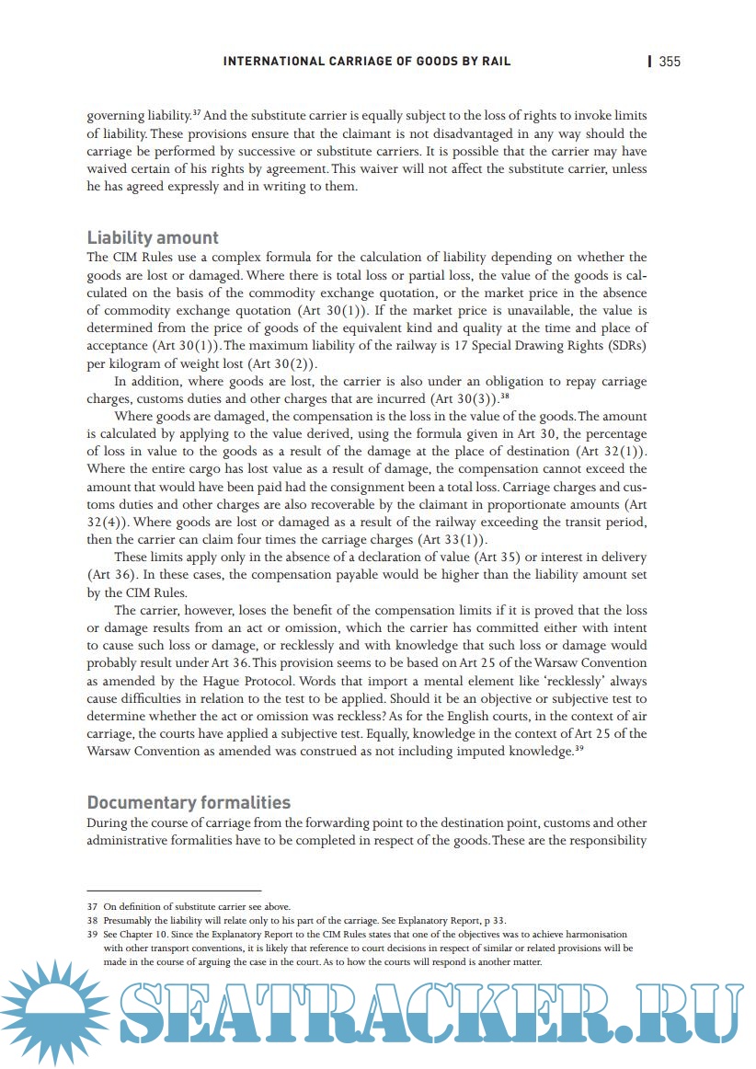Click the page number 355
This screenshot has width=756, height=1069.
pos(670,62)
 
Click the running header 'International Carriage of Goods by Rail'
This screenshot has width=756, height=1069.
pos(367,62)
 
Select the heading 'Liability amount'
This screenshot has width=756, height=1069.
pos(153,238)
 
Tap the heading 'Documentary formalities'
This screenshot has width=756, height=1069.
pos(189,802)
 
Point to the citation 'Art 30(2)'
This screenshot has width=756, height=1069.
pos(284,363)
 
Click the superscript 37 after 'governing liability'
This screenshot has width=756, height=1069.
pos(197,112)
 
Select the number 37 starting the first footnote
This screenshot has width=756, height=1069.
pos(92,906)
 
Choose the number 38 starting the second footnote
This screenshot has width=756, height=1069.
pos(92,920)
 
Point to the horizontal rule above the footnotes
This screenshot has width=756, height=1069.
pos(174,891)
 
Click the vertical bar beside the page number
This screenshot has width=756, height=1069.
pos(650,62)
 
